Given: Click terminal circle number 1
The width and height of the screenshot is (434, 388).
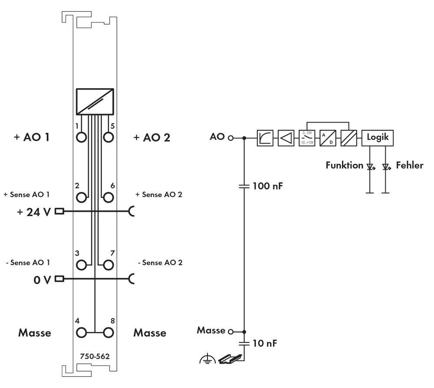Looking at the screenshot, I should click(81, 138).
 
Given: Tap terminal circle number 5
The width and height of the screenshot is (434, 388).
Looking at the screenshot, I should click(108, 138).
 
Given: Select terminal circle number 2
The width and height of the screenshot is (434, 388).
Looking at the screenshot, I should click(81, 197).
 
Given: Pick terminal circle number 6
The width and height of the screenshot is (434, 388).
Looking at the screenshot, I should click(108, 197).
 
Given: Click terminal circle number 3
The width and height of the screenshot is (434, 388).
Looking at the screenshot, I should click(81, 265).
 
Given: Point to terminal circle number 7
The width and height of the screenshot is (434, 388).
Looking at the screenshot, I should click(108, 265).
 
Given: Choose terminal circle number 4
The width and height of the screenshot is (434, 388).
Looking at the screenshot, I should click(81, 333).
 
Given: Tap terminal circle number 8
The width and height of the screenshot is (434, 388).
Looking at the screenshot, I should click(108, 333).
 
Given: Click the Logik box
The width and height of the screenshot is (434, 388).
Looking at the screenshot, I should click(378, 138).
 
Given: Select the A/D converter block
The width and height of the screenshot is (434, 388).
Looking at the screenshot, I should click(328, 138).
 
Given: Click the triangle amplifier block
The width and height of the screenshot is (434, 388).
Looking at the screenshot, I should click(286, 138).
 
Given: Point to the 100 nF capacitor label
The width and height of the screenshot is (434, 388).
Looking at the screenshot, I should click(268, 187).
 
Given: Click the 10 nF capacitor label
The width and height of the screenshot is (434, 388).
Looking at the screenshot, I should click(265, 343).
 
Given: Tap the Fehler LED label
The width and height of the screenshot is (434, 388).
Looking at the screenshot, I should click(409, 165).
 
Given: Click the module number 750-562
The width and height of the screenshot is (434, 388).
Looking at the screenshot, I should click(95, 356).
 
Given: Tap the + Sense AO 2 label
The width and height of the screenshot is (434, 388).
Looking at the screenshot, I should click(158, 194).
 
